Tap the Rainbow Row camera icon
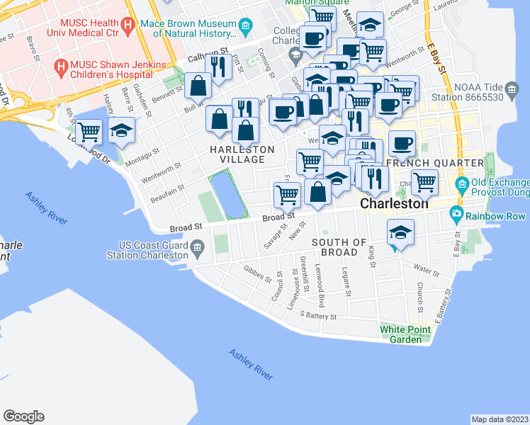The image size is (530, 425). tap(457, 214)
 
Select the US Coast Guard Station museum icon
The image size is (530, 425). tap(196, 248)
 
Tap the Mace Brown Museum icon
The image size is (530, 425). tap(246, 28)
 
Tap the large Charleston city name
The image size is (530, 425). tap(394, 203)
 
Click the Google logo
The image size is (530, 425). tap(23, 416)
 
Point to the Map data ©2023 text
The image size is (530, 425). tap(500, 419)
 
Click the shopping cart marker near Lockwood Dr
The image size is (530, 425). tap(89, 131)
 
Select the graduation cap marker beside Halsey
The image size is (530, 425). tap(122, 130)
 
